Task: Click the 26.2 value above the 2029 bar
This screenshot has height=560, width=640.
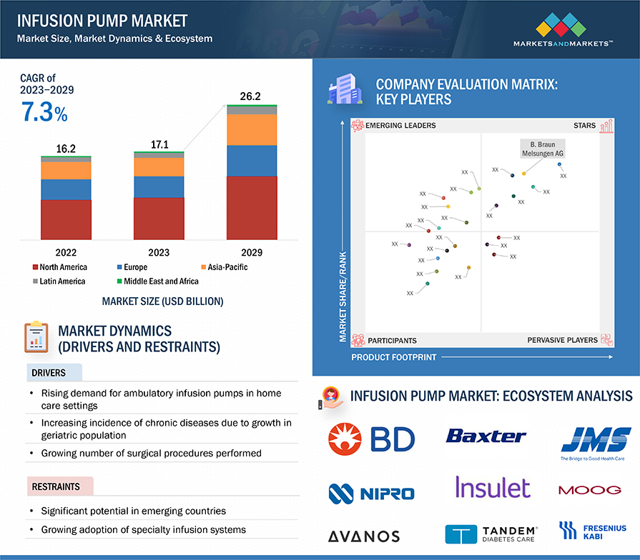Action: tap(250, 96)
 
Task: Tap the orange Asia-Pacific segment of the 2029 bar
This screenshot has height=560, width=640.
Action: tap(252, 129)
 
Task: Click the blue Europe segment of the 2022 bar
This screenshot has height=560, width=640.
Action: tap(66, 189)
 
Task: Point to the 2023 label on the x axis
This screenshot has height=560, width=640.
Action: tap(159, 252)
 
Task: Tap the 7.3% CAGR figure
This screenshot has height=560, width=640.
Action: tap(44, 113)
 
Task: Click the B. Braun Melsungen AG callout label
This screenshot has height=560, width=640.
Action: tap(541, 149)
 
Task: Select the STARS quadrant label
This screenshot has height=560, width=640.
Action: tap(584, 126)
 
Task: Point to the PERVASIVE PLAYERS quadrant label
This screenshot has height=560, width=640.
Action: tap(562, 340)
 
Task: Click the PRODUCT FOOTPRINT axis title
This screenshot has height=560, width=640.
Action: tap(393, 357)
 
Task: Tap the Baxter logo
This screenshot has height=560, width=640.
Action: tap(486, 435)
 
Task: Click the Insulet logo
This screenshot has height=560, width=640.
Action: tap(493, 488)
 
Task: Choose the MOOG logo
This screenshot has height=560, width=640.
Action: tap(589, 490)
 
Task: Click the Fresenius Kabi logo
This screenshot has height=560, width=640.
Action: tap(591, 530)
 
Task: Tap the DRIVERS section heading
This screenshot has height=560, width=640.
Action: tap(49, 373)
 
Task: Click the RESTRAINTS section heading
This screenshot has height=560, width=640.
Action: tap(56, 487)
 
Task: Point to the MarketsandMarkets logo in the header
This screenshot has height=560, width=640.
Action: tap(562, 32)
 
